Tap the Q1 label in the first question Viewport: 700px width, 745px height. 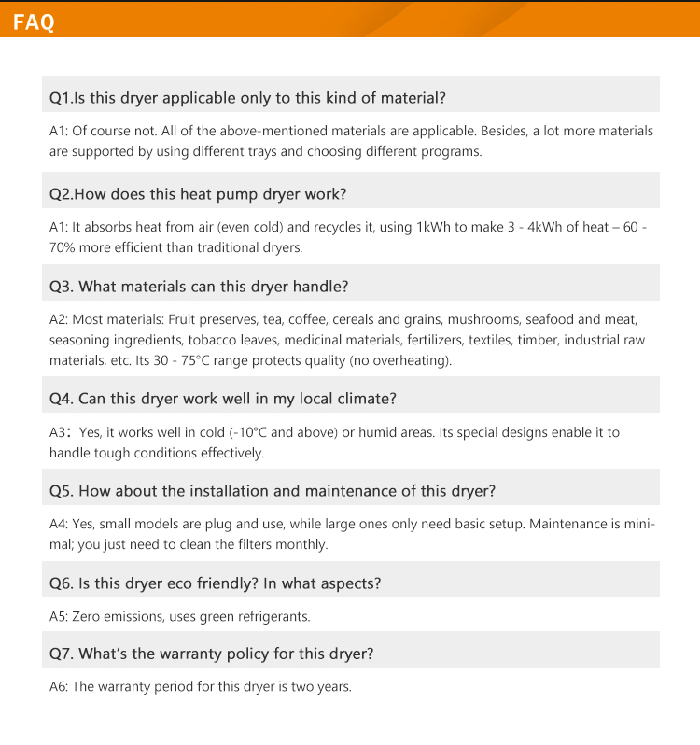coord(60,97)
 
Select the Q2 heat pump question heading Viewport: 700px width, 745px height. coord(198,194)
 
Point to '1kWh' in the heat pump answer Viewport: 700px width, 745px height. coord(434,228)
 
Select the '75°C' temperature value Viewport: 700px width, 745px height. coord(198,361)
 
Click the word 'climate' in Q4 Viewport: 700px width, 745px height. coord(365,399)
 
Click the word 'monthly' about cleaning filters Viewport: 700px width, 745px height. coord(300,544)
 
